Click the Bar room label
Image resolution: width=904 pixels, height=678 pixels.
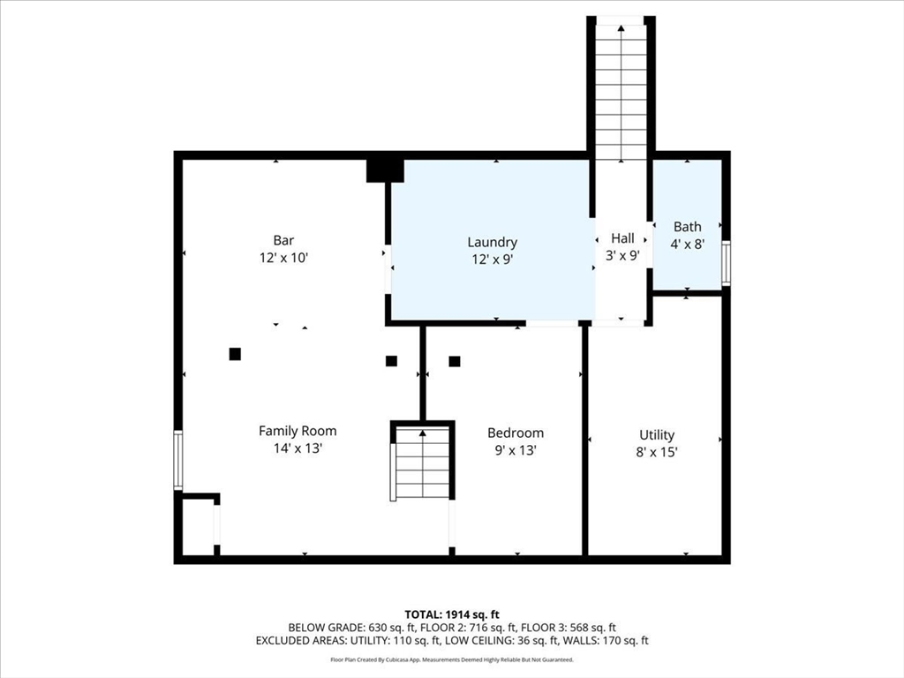coord(283,240)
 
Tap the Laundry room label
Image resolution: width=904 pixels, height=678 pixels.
coord(493,243)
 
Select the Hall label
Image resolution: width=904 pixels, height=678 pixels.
coord(622,238)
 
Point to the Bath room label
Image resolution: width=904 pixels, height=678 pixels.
coord(687,227)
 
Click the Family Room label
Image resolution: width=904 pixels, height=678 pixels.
coord(298,431)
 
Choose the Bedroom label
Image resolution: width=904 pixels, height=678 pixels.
coord(516,433)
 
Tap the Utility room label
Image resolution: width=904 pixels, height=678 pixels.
coord(657,435)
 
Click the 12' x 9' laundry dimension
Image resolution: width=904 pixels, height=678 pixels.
coord(493,260)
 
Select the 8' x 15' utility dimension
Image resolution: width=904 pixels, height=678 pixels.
coord(657,452)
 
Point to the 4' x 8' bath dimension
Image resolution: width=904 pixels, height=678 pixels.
coord(687,244)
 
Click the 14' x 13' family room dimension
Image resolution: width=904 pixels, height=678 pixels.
coord(298,448)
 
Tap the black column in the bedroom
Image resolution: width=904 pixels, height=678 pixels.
coord(455,361)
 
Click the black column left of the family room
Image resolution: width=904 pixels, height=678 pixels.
coord(235,354)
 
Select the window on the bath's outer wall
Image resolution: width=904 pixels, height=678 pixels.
coord(726,263)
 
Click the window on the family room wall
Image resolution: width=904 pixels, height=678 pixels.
coord(178,461)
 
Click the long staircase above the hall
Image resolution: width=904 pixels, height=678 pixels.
coord(621,92)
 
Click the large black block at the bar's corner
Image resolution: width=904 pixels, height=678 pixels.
coord(385,170)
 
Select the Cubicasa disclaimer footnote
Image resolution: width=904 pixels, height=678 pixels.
coord(452,659)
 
